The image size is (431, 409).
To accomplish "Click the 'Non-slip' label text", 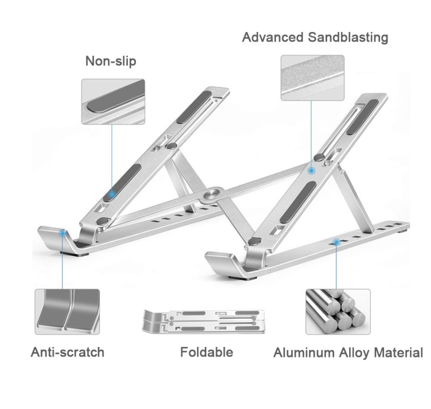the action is [111, 61].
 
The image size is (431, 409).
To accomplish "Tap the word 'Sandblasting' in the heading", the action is [348, 38].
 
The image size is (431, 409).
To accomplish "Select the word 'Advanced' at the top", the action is [273, 37].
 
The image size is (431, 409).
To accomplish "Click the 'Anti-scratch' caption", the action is [68, 352].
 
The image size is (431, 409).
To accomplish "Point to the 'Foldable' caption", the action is [207, 352].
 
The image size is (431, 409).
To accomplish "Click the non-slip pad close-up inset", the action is [113, 102].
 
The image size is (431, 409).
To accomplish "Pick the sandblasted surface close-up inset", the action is [313, 78].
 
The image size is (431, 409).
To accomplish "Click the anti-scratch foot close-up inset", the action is [67, 312].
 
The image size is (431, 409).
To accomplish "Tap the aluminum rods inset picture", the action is [338, 312].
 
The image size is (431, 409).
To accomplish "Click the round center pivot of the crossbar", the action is [213, 195].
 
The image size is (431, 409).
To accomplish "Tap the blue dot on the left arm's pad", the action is [111, 194].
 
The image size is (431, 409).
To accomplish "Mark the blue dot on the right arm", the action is [311, 171].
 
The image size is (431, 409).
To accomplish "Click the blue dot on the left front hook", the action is [63, 233].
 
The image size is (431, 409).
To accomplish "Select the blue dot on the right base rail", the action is [336, 242].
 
